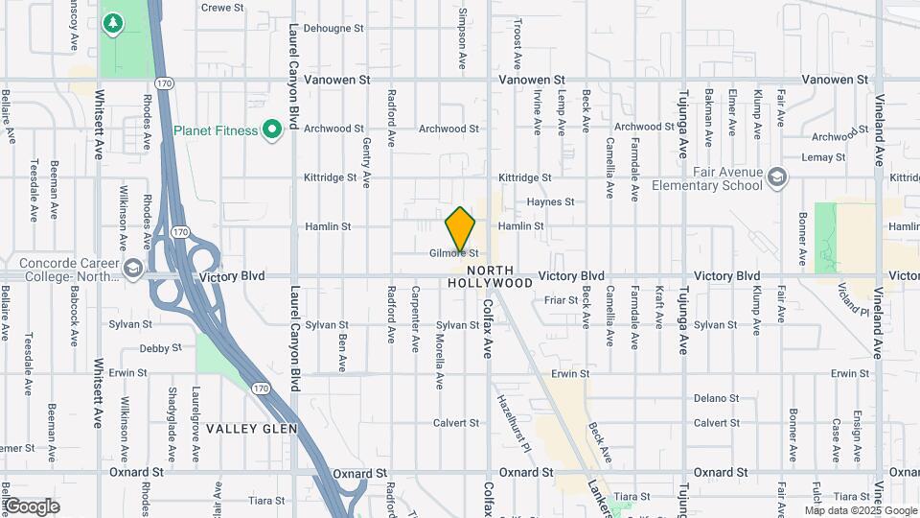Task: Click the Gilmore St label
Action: click(453, 253)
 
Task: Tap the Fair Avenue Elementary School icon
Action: click(777, 177)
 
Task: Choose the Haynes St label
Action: click(550, 202)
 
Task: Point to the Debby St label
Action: click(158, 349)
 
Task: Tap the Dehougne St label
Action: click(334, 29)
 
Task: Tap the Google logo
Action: click(32, 506)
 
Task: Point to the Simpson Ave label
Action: click(462, 39)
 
